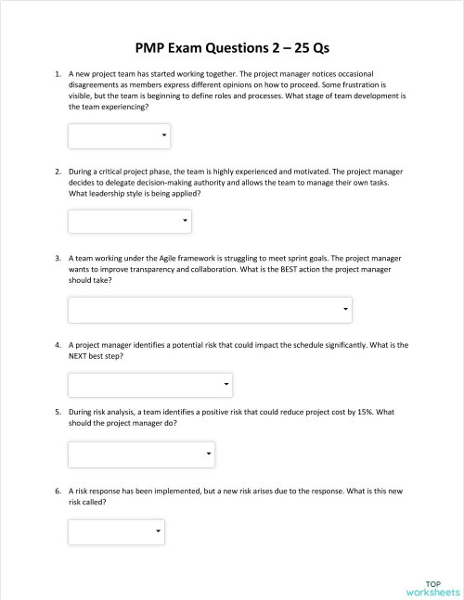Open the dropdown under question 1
[119, 136]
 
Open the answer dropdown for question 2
[130, 222]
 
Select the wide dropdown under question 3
[210, 309]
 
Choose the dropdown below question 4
[150, 384]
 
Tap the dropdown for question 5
[142, 454]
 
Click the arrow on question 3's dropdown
[345, 309]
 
